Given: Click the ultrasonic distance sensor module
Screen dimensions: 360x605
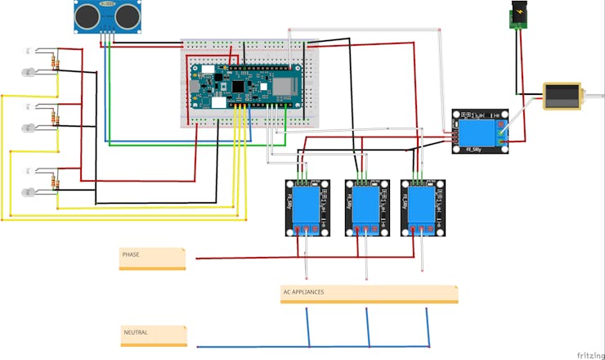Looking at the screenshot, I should pyautogui.click(x=105, y=17).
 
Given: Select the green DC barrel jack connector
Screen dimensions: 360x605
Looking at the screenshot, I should pyautogui.click(x=517, y=17).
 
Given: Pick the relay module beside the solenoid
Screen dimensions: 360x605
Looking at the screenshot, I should pyautogui.click(x=481, y=131).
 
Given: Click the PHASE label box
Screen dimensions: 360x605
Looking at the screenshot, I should pyautogui.click(x=152, y=258).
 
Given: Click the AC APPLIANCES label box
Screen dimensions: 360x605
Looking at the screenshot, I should pyautogui.click(x=369, y=294).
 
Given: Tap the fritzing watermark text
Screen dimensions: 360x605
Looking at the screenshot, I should pyautogui.click(x=585, y=354).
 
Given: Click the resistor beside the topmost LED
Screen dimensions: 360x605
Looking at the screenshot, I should pyautogui.click(x=56, y=62).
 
